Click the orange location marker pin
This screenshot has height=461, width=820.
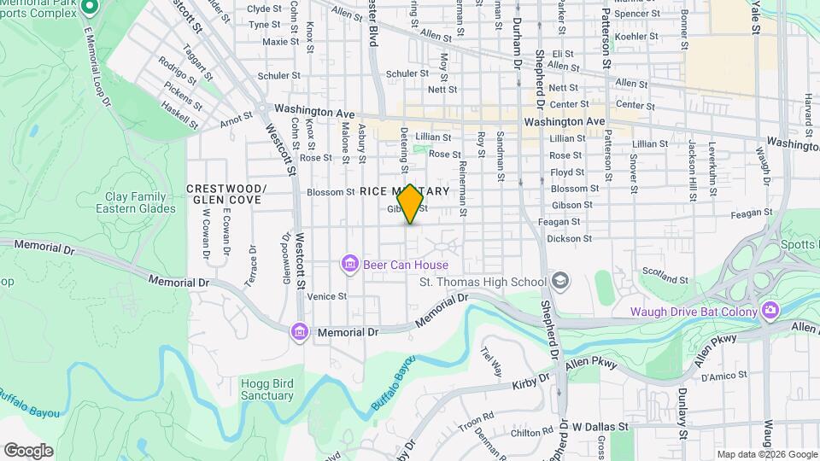[x=411, y=204]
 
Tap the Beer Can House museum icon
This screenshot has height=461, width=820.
[x=349, y=264]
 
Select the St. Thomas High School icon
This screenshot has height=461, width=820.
[x=559, y=281]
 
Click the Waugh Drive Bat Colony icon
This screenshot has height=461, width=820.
[x=770, y=310]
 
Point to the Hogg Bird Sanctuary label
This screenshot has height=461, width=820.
[x=267, y=389]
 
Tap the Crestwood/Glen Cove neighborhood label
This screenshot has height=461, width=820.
[x=226, y=194]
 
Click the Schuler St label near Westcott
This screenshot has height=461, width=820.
[x=273, y=76]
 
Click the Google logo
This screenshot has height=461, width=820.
[x=27, y=451]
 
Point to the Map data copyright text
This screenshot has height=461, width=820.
[x=767, y=454]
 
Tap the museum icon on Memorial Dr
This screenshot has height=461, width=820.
[x=298, y=331]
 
